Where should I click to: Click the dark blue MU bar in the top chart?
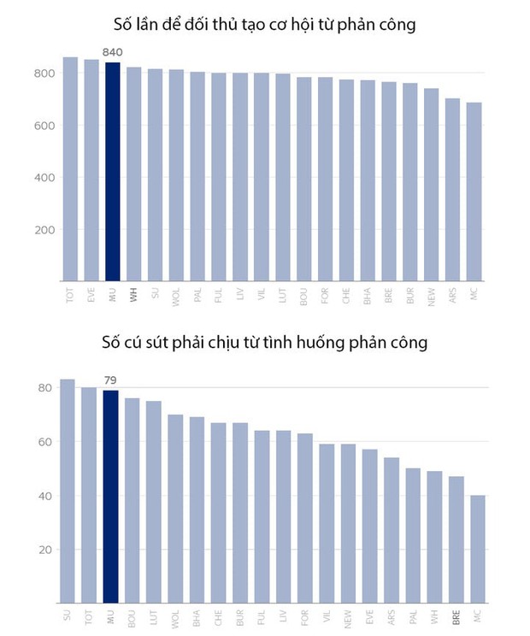[x=112, y=171]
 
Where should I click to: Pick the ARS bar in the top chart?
[x=452, y=189]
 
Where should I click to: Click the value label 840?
[x=112, y=53]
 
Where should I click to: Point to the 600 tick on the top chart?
[x=44, y=126]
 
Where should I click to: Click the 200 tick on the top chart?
[x=44, y=230]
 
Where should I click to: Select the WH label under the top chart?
[x=133, y=296]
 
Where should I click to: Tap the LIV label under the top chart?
[x=239, y=296]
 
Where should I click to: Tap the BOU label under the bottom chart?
[x=132, y=615]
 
